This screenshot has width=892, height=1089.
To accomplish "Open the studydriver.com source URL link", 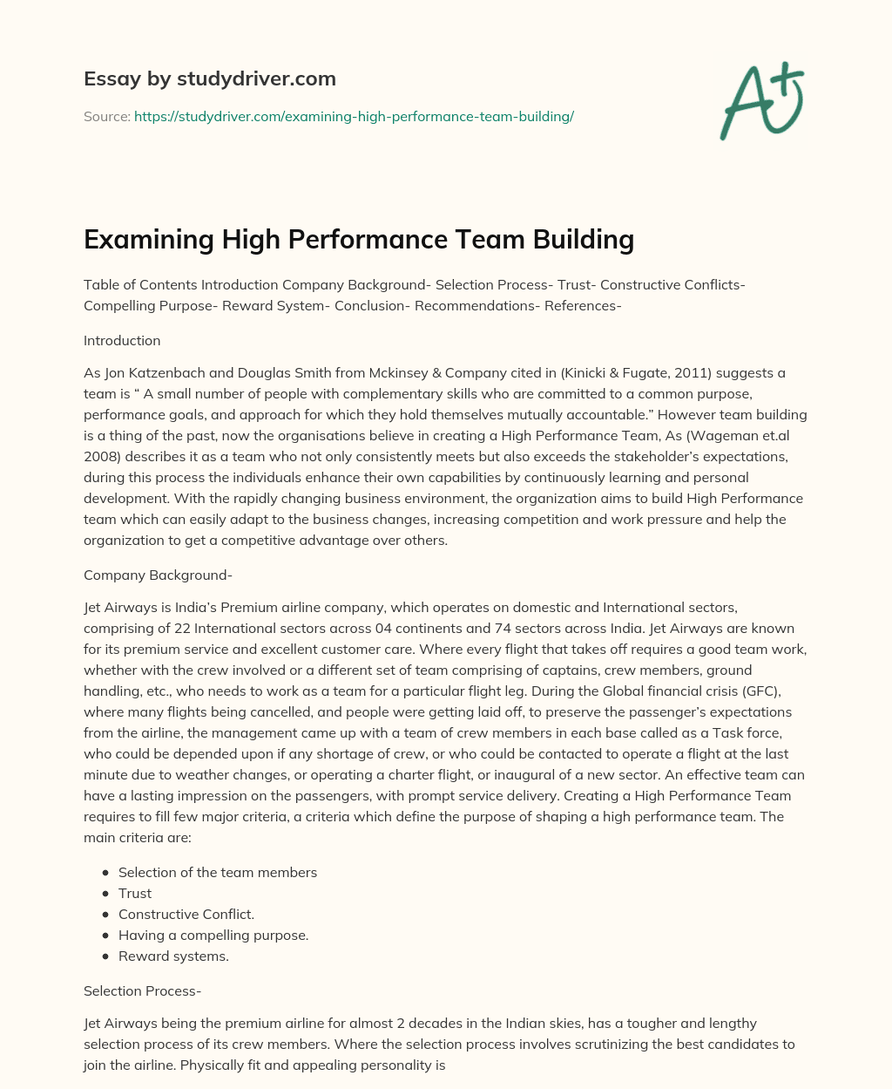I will click(354, 116).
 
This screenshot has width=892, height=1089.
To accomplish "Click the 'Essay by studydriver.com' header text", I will click(209, 78).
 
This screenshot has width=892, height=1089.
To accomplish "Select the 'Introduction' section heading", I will click(122, 340).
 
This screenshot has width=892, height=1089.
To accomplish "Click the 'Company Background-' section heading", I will click(158, 575).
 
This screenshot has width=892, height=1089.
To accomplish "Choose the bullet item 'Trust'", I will click(135, 893).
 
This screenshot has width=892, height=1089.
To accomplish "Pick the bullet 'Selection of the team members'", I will click(218, 872).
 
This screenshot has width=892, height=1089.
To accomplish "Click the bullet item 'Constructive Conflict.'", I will click(186, 914).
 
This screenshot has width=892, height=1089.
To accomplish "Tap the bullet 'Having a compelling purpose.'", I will click(213, 935).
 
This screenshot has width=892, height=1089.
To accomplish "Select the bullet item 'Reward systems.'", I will click(173, 956).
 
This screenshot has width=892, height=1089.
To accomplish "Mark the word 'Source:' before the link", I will click(107, 116).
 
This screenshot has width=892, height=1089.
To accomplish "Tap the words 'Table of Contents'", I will click(140, 284).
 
